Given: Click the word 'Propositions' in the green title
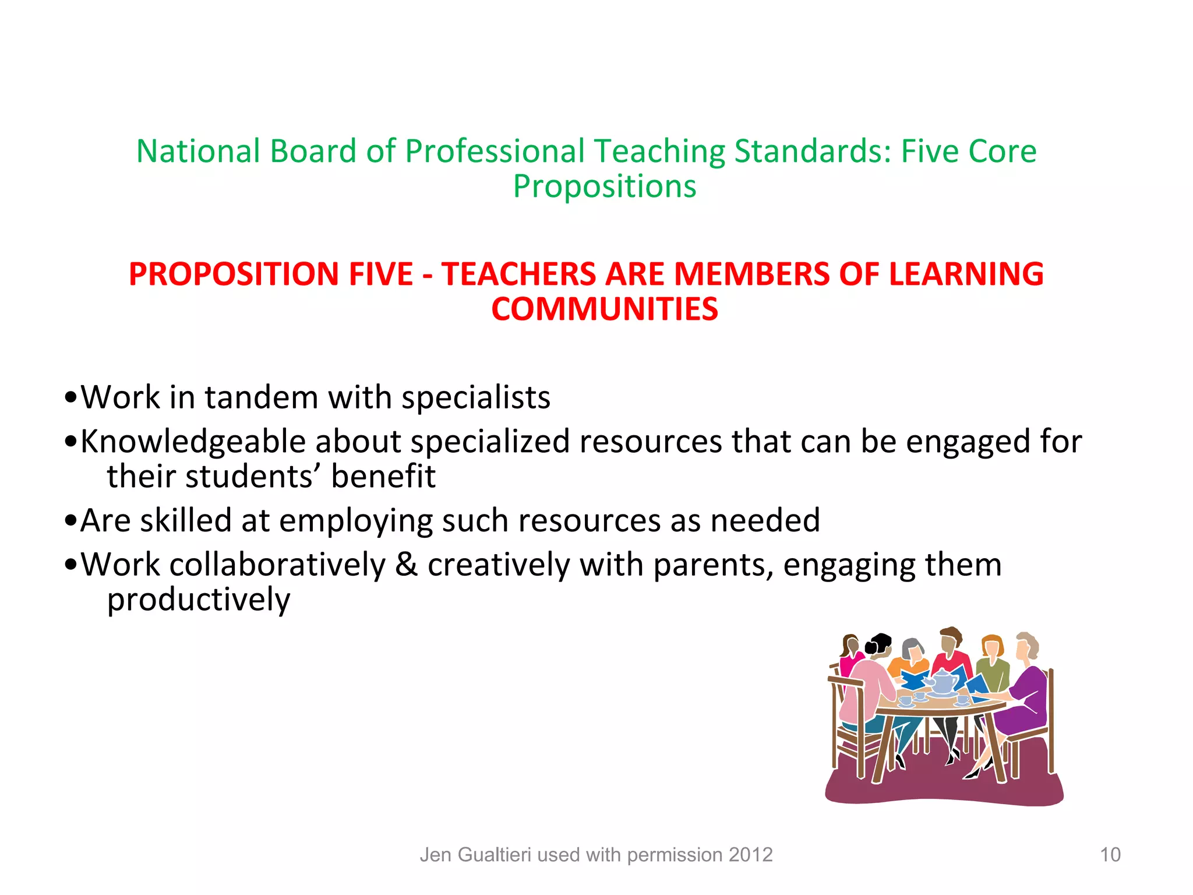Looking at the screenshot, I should (x=604, y=187).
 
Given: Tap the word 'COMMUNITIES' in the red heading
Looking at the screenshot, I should (x=605, y=309).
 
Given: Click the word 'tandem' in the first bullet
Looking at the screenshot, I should (x=262, y=397).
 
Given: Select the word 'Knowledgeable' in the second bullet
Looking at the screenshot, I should (x=193, y=441).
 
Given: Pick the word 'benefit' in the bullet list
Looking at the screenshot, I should (x=383, y=476).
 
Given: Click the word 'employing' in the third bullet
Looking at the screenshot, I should (x=356, y=520).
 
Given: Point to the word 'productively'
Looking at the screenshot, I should (x=199, y=600).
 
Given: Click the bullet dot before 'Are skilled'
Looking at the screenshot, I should (x=71, y=521).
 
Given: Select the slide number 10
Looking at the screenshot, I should (x=1110, y=855).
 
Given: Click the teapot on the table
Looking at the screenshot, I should (x=942, y=682).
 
